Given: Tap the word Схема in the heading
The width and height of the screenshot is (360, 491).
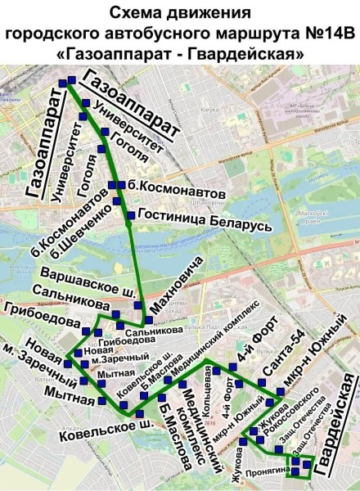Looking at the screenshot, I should click(134, 12).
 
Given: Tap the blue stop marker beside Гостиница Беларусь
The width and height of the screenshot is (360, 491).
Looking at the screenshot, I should click(130, 216).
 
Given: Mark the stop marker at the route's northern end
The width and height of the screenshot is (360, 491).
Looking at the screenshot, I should click(71, 80).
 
